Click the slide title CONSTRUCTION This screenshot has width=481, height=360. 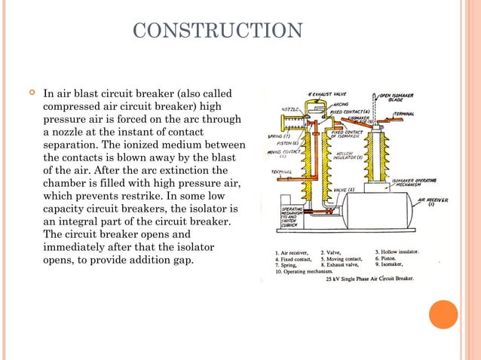217,31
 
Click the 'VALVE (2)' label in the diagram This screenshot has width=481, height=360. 344,189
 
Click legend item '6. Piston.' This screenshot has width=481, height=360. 391,258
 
